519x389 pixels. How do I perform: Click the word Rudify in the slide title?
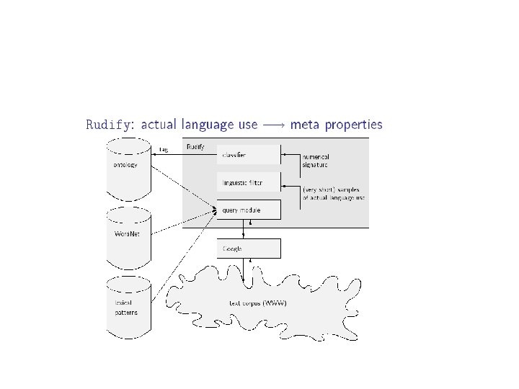[109, 125]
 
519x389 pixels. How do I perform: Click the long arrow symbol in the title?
[273, 125]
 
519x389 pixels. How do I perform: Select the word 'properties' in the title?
[353, 125]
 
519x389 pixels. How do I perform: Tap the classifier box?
[248, 155]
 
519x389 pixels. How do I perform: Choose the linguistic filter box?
[248, 182]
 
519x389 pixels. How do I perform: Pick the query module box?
[248, 210]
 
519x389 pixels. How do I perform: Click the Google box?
[248, 249]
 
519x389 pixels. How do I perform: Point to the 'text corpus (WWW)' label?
[257, 303]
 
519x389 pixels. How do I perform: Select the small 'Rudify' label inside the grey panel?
[195, 147]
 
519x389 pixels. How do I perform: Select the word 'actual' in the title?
[159, 125]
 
